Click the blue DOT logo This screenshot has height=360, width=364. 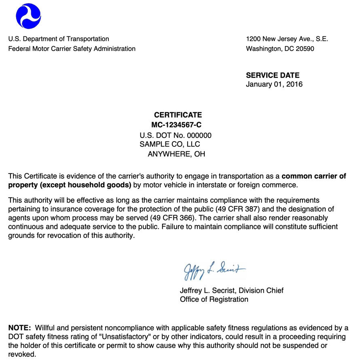point(28,16)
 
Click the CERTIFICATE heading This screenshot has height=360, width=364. point(178,115)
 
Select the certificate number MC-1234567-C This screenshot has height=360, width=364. point(176,125)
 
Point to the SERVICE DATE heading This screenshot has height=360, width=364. point(273,75)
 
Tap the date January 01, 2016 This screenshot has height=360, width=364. point(274,84)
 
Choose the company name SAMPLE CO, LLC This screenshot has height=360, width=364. point(169,144)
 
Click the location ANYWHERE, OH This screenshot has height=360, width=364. point(176,154)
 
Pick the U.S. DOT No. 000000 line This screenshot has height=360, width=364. point(176,135)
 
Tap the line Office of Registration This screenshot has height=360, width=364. point(214,299)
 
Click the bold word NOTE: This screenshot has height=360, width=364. point(19,328)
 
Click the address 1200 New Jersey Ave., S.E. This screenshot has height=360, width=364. point(287,39)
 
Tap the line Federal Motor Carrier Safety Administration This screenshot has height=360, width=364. point(72,49)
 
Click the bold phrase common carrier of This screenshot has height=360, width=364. point(313,176)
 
